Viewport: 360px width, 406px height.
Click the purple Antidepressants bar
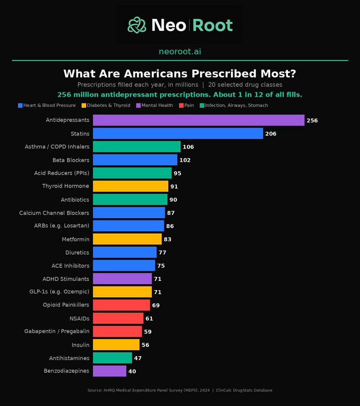199,120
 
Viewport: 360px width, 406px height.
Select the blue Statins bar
178,133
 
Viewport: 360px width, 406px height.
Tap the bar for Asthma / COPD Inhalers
137,146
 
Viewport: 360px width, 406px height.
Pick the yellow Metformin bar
127,239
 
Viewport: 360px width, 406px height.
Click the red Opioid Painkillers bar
121,305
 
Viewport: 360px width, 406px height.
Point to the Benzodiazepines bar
110,371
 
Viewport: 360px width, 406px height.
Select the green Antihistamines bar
112,358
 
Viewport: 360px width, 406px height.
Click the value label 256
312,120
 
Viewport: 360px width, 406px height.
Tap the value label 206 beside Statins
271,133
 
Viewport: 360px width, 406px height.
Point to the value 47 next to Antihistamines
138,358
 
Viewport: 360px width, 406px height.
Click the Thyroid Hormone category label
66,186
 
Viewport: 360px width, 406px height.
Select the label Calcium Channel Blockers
54,213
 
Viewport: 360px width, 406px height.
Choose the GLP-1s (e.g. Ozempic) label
59,292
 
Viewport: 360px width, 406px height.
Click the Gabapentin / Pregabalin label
57,332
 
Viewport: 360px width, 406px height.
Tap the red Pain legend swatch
181,105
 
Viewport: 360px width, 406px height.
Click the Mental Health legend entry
155,105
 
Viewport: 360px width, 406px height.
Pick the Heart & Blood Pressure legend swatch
20,105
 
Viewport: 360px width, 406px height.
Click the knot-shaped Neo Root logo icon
137,25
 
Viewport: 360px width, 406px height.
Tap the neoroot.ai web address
180,52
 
